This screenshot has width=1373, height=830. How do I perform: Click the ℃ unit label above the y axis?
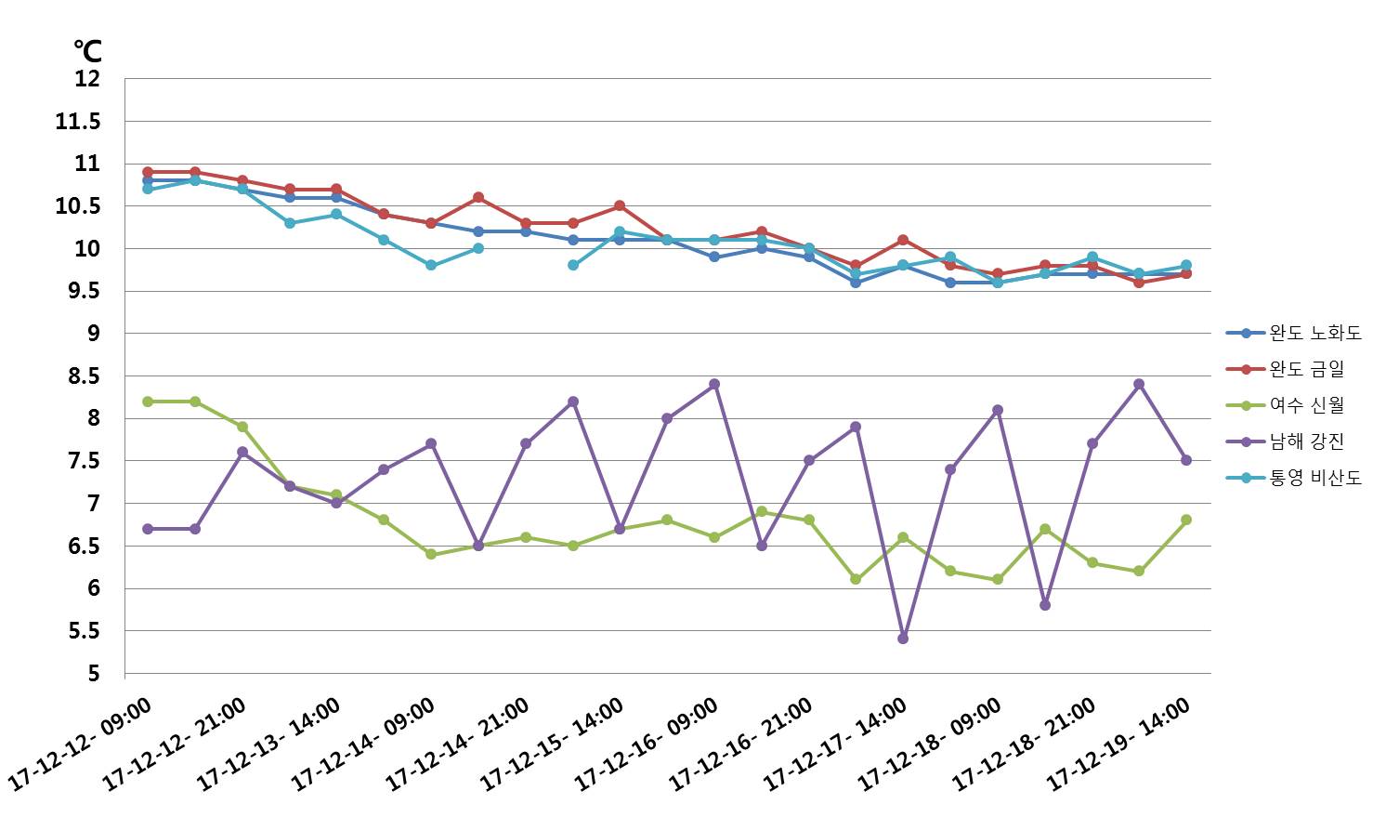click(88, 51)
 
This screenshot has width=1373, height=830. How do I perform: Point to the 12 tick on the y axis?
click(87, 79)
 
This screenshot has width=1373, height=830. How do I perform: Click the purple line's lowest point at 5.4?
click(903, 639)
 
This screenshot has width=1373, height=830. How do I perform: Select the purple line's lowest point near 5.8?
click(1045, 604)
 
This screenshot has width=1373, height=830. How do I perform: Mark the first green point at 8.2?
click(148, 402)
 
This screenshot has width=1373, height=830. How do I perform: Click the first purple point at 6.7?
click(148, 529)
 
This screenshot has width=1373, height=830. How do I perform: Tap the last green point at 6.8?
click(1186, 520)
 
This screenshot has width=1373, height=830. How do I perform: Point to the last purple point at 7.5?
click(1186, 460)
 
